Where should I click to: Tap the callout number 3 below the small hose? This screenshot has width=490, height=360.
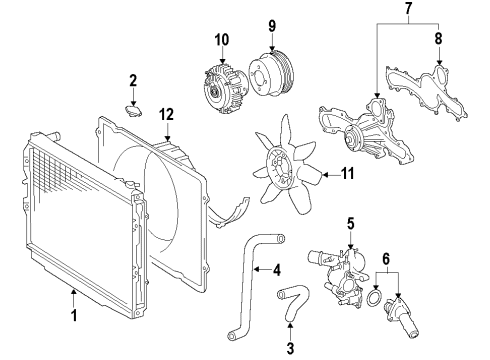(290, 349)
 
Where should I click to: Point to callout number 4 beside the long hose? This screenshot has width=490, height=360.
(276, 269)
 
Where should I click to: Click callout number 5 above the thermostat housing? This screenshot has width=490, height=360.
(350, 222)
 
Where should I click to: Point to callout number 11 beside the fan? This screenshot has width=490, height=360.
(347, 172)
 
